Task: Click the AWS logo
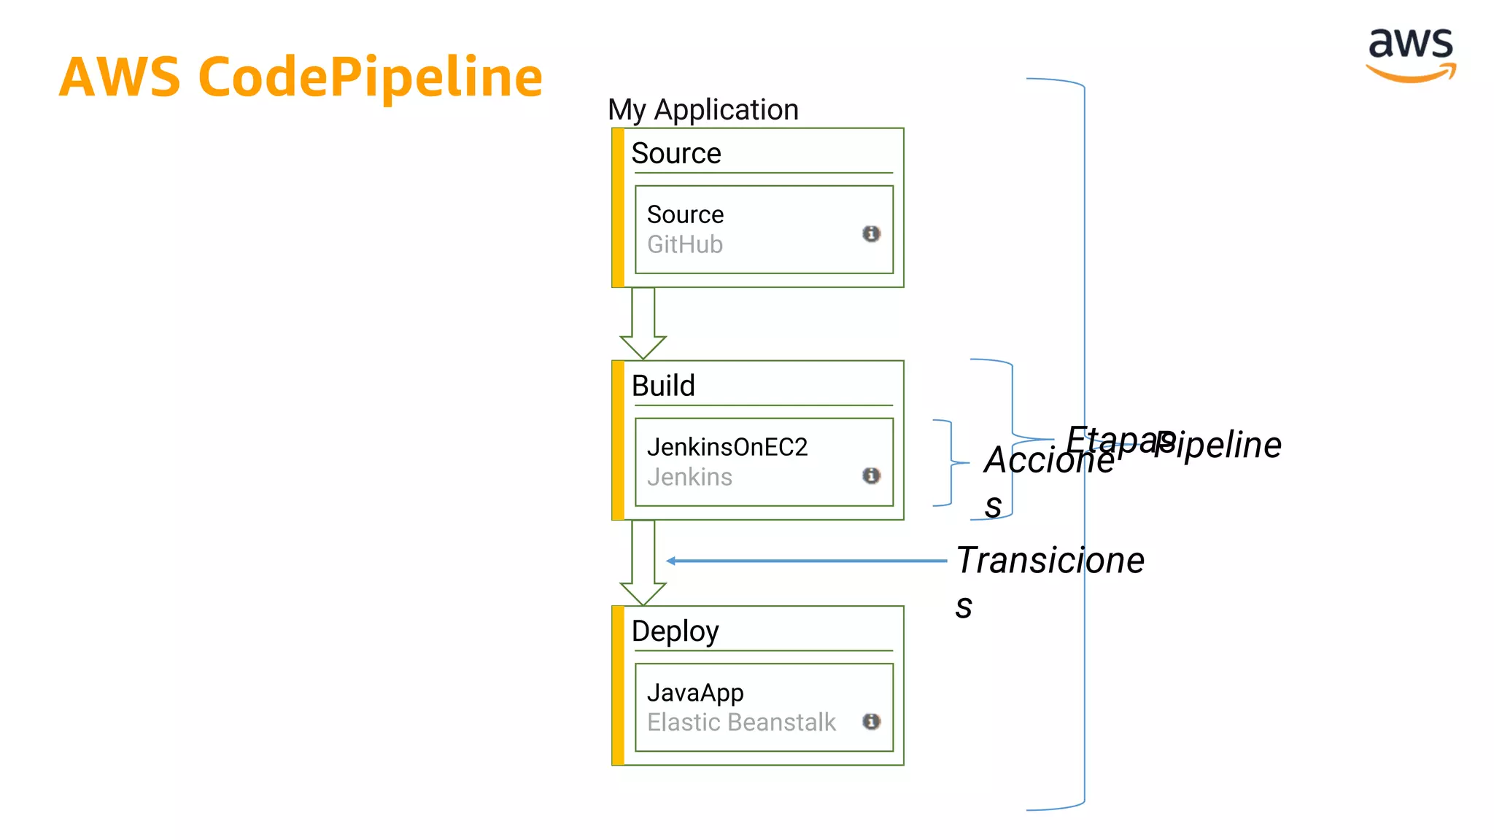[x=1411, y=55]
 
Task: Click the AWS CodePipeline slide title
[x=301, y=77]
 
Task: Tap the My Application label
[x=703, y=109]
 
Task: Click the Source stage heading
[x=676, y=153]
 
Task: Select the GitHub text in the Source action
[x=685, y=244]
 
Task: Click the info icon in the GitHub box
[x=871, y=233]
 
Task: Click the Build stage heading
[x=663, y=385]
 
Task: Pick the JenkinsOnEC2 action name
[x=727, y=447]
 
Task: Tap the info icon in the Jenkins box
[x=871, y=475]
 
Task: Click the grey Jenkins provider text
[x=689, y=477]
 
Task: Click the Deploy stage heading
[x=675, y=631]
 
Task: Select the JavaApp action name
[x=695, y=692]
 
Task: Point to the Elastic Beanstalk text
[x=741, y=722]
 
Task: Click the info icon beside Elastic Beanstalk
[x=871, y=721]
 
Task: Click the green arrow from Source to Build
[x=643, y=324]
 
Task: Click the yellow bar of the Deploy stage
[x=618, y=685]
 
